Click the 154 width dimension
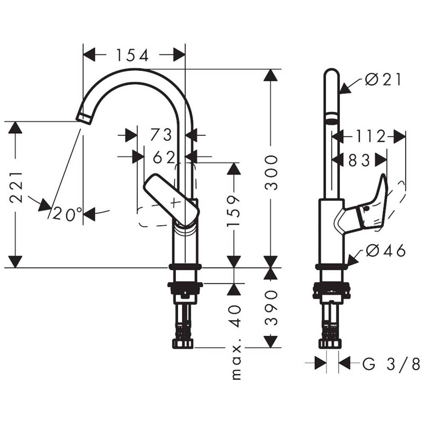click(133, 55)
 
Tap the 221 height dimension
click(16, 187)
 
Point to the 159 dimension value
click(233, 211)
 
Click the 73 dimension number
click(161, 134)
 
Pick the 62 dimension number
click(164, 157)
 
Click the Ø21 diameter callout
click(383, 80)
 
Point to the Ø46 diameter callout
click(386, 250)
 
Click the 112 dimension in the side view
click(370, 136)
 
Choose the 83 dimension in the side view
click(359, 160)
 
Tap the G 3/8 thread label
click(391, 364)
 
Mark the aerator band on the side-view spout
click(332, 118)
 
